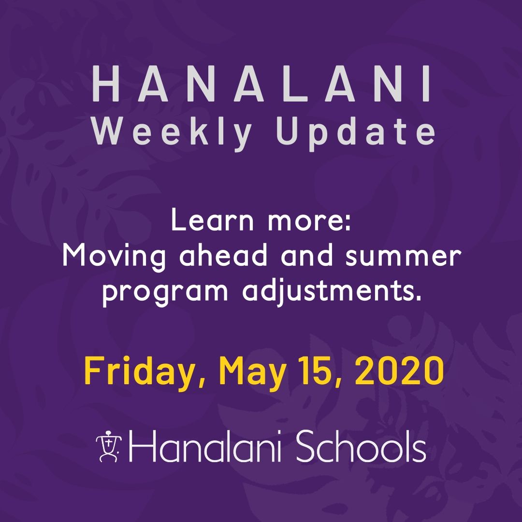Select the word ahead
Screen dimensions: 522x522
point(223,256)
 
